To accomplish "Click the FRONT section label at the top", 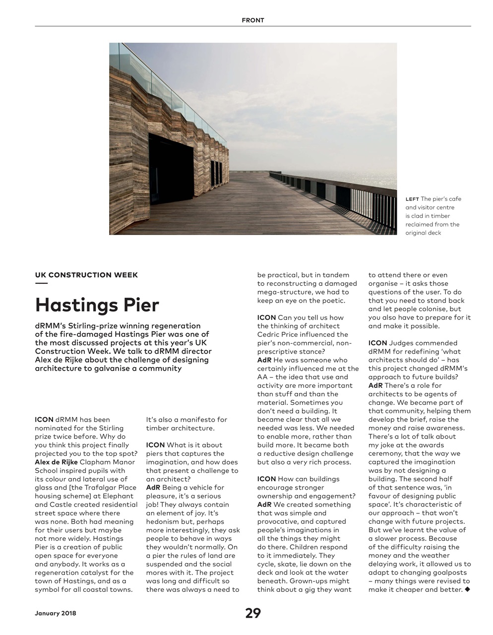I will pyautogui.click(x=253, y=20).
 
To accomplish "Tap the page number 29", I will pyautogui.click(x=253, y=613).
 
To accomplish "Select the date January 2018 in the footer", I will pyautogui.click(x=56, y=614).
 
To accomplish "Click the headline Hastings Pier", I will pyautogui.click(x=97, y=304).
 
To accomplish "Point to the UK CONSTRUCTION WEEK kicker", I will pyautogui.click(x=86, y=275).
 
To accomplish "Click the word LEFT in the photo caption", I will pyautogui.click(x=412, y=199).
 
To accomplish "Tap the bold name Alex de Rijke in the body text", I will pyautogui.click(x=56, y=462).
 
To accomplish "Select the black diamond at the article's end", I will pyautogui.click(x=467, y=589).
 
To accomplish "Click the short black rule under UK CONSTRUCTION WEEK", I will pyautogui.click(x=41, y=284).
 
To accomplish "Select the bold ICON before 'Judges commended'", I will pyautogui.click(x=377, y=343).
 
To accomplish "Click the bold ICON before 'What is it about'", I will pyautogui.click(x=155, y=445).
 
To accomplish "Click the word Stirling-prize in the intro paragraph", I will pyautogui.click(x=90, y=326).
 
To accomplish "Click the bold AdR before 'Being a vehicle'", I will pyautogui.click(x=153, y=488).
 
